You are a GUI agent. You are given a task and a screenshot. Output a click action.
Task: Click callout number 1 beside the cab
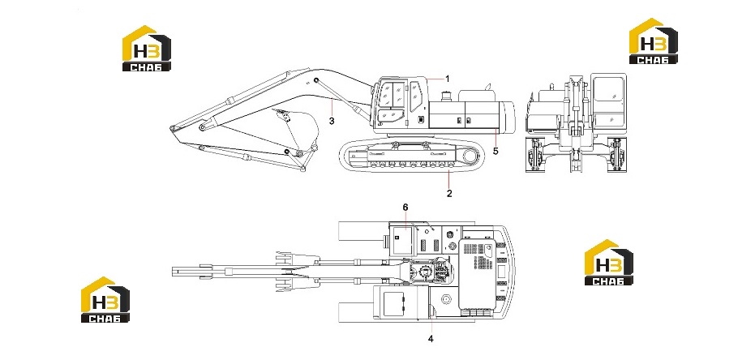point(448,79)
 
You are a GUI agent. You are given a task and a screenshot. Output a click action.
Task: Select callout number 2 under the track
point(449,193)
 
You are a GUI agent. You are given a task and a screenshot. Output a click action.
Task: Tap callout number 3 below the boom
point(332,121)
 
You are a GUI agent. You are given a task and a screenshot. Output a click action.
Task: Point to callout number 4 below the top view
point(431,338)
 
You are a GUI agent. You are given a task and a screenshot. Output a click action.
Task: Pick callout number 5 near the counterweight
point(496,151)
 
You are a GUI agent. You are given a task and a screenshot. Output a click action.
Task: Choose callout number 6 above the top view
point(405,207)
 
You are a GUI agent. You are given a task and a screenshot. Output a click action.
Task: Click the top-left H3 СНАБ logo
point(146,48)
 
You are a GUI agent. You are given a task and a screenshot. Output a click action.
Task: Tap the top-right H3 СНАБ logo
point(654,41)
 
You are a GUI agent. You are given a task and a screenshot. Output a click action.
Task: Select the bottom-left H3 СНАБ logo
point(105,299)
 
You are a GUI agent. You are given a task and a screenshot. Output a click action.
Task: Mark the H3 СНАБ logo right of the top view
point(609,262)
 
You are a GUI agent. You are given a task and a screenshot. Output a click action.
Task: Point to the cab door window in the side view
point(415,96)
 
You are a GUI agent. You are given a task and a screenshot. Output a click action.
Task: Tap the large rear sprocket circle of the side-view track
point(470,156)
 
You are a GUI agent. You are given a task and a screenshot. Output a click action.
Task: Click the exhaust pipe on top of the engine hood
point(488,87)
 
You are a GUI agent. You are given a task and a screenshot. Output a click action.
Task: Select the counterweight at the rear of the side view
point(506,117)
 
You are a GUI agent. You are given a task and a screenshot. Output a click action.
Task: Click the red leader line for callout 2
point(449,179)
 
